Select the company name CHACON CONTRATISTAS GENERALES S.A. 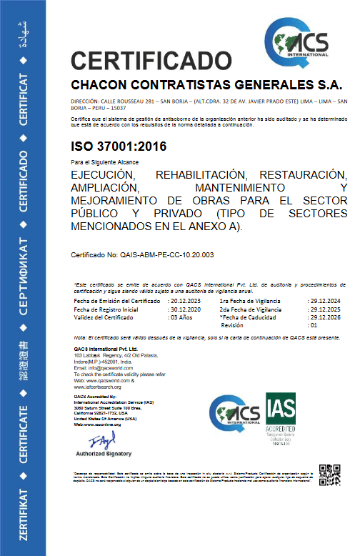(x=202, y=84)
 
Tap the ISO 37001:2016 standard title (x=119, y=147)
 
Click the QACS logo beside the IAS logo (x=235, y=415)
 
